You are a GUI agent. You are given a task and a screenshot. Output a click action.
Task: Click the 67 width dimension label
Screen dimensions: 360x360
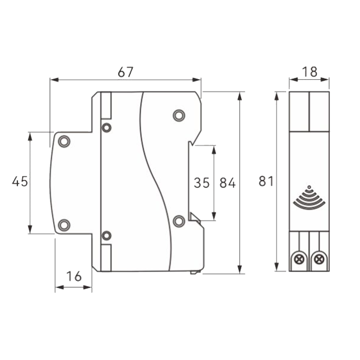click(125, 72)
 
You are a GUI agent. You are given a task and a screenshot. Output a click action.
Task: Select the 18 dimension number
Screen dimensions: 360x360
click(310, 72)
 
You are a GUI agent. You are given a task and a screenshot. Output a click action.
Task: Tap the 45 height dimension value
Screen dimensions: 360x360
click(20, 181)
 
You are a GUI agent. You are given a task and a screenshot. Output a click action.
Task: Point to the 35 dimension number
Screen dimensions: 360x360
click(202, 183)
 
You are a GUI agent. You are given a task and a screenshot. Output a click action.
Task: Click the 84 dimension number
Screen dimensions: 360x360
click(227, 183)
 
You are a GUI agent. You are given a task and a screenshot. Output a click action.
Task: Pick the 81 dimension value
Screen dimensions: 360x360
click(266, 181)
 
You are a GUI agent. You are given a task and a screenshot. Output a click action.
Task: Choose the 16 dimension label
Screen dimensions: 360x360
click(74, 276)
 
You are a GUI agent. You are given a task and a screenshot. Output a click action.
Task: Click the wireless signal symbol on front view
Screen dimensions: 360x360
click(309, 197)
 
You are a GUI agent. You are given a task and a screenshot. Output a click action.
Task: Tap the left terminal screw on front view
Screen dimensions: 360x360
click(299, 260)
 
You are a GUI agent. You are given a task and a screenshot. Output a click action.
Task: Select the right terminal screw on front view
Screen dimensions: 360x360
click(319, 260)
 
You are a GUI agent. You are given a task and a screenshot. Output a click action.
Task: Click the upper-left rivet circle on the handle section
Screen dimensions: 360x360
click(64, 141)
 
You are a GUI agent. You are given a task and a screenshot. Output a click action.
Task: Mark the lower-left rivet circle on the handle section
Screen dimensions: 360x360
click(64, 225)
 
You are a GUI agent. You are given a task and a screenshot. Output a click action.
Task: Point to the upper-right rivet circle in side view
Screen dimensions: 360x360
click(179, 115)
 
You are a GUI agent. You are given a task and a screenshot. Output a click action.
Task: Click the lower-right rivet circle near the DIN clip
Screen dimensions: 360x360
click(179, 221)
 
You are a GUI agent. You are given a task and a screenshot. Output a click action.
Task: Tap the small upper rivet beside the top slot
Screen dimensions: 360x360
click(106, 128)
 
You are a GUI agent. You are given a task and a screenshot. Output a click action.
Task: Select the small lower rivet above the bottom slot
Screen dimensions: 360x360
click(106, 236)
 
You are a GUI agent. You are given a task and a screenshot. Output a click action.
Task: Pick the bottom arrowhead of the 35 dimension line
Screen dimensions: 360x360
click(214, 217)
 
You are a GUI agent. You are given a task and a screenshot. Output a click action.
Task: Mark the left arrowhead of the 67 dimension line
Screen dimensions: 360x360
click(54, 80)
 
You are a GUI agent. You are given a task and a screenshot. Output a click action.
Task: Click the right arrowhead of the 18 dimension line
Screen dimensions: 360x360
click(325, 80)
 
